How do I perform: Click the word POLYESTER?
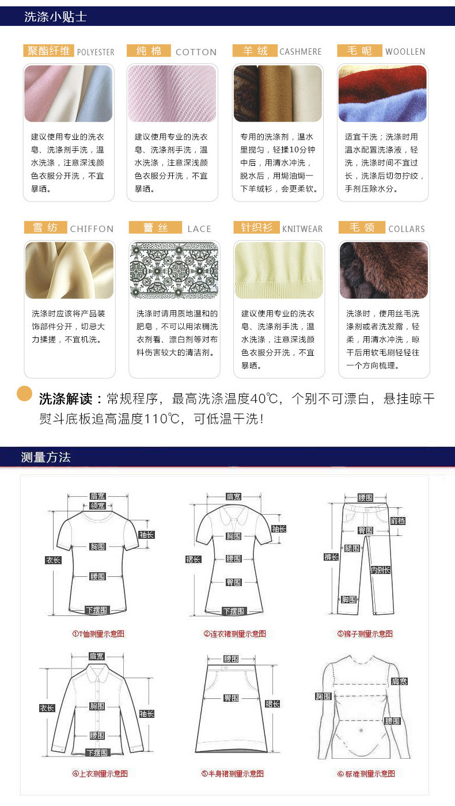[x=96, y=52]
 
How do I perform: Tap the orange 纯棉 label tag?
[x=149, y=51]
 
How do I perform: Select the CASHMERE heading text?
[x=300, y=52]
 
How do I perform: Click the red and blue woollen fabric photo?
[x=382, y=93]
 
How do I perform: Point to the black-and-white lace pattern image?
[x=174, y=270]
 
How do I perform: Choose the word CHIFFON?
[x=92, y=229]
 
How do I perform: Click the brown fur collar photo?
[x=384, y=270]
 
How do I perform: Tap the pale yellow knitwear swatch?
[x=279, y=270]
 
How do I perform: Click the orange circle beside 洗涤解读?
[x=24, y=394]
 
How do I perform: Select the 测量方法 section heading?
[x=45, y=458]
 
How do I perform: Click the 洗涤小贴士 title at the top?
[x=55, y=17]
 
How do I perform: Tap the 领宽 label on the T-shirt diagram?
[x=97, y=506]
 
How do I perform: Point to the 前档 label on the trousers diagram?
[x=397, y=521]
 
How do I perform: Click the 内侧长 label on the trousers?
[x=380, y=570]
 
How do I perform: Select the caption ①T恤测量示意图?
[x=98, y=634]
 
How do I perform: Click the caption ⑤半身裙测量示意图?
[x=232, y=774]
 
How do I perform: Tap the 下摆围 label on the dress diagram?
[x=233, y=611]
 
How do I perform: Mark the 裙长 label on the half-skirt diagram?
[x=272, y=704]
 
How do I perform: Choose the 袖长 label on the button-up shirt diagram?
[x=146, y=714]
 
